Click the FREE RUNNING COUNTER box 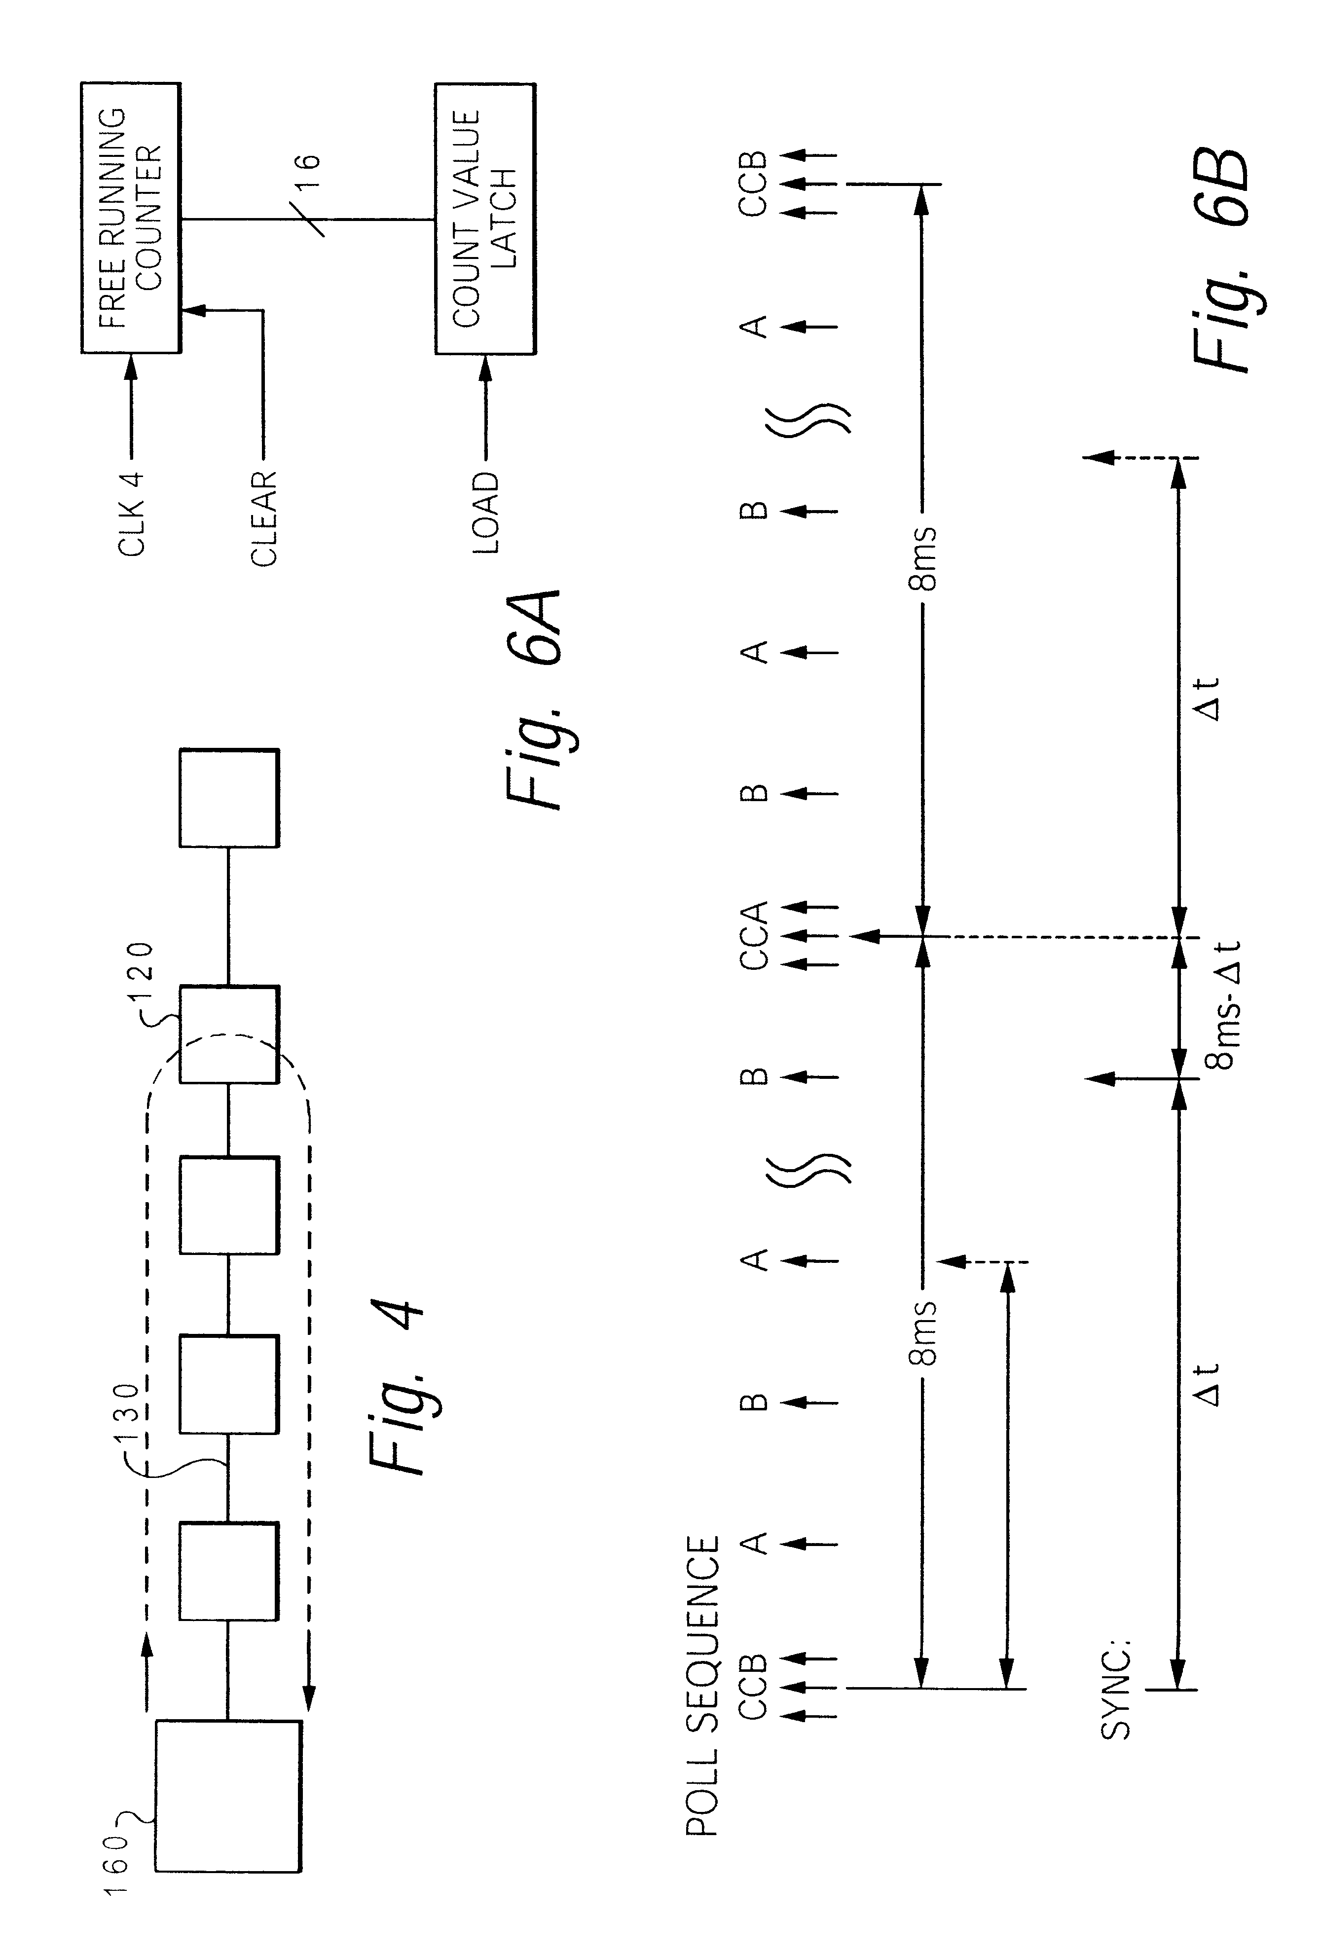coord(130,218)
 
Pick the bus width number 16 coord(308,175)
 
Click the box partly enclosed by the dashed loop coord(228,1034)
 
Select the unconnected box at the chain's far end coord(228,798)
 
